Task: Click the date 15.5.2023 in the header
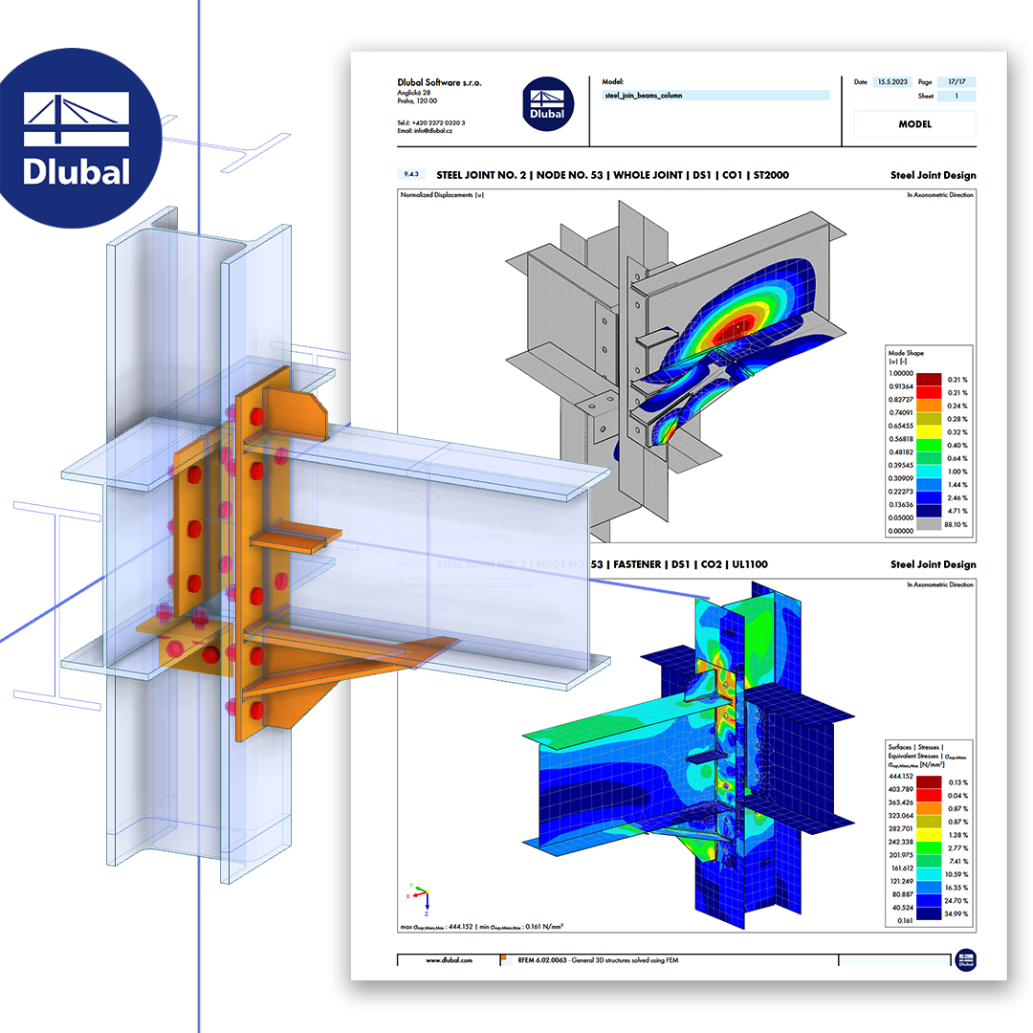click(894, 82)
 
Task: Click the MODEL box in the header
click(914, 124)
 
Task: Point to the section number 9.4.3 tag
click(411, 175)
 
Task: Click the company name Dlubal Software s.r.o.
click(440, 83)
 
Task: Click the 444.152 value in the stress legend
click(901, 778)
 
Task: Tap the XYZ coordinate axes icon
click(421, 896)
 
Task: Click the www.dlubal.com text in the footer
click(449, 959)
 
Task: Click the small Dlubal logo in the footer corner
click(965, 959)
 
